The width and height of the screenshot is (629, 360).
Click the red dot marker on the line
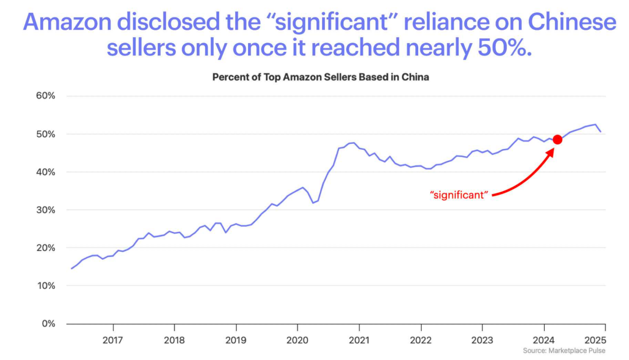pos(557,139)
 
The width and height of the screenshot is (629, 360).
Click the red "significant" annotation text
pos(458,195)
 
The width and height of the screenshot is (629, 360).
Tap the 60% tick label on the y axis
pos(44,96)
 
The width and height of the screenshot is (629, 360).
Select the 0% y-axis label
pos(47,323)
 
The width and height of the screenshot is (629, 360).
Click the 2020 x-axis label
pos(297,339)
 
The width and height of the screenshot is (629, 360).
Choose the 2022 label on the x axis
pos(420,339)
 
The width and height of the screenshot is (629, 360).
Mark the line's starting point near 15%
pos(71,269)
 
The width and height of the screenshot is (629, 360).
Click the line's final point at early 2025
pos(600,132)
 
